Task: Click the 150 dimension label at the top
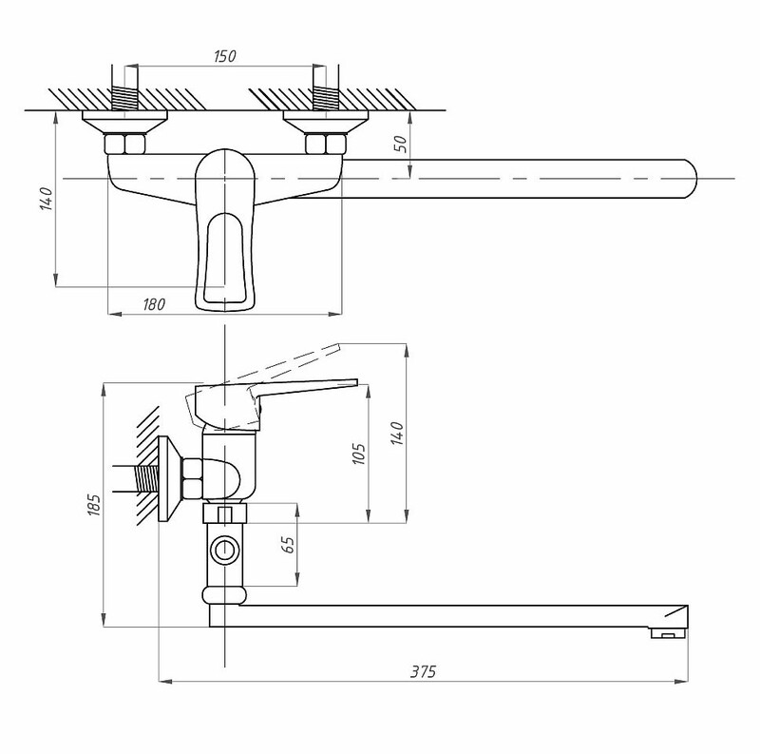224,56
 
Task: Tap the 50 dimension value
402,144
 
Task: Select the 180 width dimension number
154,304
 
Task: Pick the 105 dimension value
359,454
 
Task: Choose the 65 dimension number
288,545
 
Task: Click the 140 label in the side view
396,434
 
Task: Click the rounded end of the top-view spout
692,179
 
